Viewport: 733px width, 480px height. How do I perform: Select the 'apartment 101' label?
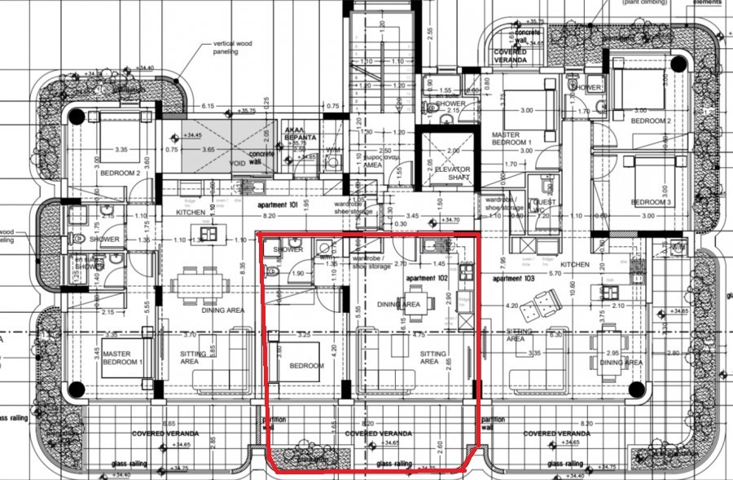279,205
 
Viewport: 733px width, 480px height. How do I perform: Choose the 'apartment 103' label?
515,279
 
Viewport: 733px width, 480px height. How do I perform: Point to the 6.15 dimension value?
208,106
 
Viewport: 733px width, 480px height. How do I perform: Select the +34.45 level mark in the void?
193,135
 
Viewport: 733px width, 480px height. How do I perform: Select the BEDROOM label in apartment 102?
306,366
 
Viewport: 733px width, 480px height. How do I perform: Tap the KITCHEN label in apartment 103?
575,265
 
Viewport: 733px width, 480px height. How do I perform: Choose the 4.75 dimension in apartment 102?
419,334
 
